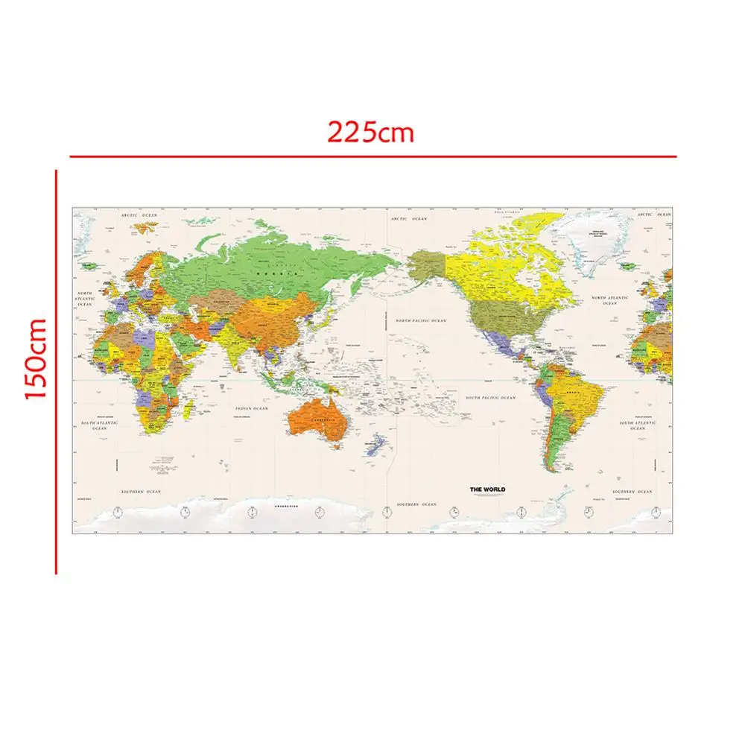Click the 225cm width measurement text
click(x=370, y=133)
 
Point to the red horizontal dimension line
click(x=372, y=156)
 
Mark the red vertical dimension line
click(x=56, y=372)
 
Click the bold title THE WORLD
click(x=486, y=489)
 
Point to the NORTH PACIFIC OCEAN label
click(x=421, y=320)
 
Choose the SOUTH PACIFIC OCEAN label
click(x=490, y=398)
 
